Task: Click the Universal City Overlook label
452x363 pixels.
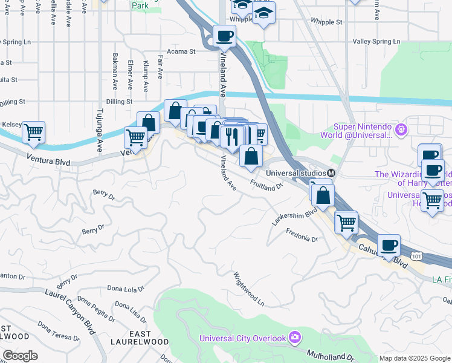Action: tap(244, 338)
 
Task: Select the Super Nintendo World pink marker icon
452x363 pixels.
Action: tap(401, 129)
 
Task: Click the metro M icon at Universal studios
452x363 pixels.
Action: tap(331, 173)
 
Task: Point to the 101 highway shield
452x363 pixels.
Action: tap(416, 257)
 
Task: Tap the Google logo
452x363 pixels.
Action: tap(19, 356)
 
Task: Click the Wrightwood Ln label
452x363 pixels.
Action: tap(249, 288)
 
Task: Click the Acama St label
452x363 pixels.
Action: tap(181, 51)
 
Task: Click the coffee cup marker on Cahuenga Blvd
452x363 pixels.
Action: tap(390, 245)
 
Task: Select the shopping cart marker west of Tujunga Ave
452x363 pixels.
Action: tap(34, 131)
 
